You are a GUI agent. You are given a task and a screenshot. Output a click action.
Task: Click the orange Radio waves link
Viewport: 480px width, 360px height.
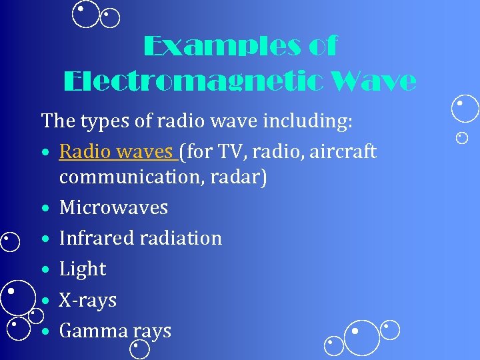click(x=116, y=152)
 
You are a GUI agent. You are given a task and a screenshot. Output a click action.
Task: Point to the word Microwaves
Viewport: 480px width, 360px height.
click(x=113, y=207)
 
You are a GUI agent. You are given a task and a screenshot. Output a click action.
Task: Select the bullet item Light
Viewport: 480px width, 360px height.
click(x=83, y=269)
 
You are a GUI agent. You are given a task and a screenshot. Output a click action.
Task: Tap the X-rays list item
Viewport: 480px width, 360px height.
click(x=87, y=300)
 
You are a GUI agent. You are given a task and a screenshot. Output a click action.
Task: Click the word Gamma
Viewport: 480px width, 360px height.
click(x=93, y=331)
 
